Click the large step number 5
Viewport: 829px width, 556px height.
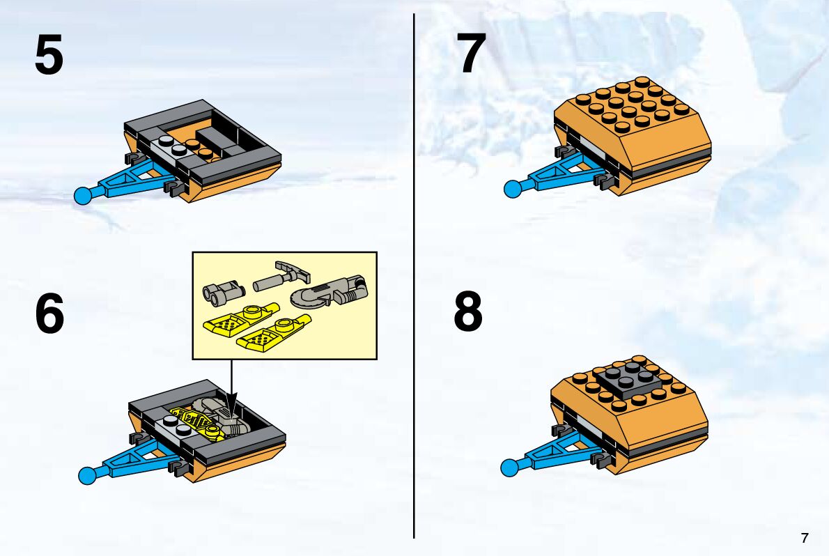pyautogui.click(x=49, y=54)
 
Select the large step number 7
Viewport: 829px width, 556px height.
pyautogui.click(x=470, y=53)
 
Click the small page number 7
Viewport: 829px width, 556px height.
pyautogui.click(x=805, y=537)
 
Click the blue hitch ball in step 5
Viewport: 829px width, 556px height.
pyautogui.click(x=82, y=196)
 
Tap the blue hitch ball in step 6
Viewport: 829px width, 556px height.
pyautogui.click(x=87, y=476)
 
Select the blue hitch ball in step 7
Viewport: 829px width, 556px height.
pyautogui.click(x=512, y=189)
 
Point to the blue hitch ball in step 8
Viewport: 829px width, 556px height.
pyautogui.click(x=509, y=468)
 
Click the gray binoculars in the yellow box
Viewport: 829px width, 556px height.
pyautogui.click(x=222, y=293)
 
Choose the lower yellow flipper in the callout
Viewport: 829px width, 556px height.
pyautogui.click(x=274, y=332)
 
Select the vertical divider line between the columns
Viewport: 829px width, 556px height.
pyautogui.click(x=414, y=276)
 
